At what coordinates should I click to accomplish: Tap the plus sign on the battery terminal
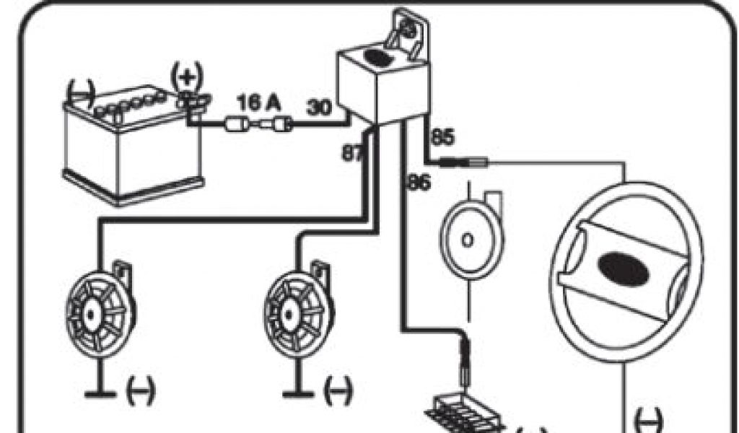click(x=186, y=75)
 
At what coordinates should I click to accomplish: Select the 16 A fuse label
click(x=259, y=102)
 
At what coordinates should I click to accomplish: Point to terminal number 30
click(x=319, y=108)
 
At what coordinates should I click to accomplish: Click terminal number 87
click(x=353, y=152)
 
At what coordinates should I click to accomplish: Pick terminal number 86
click(x=418, y=183)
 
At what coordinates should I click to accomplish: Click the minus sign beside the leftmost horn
click(x=139, y=393)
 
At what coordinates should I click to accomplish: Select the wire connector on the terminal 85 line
click(x=465, y=163)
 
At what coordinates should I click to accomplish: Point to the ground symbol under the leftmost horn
click(x=99, y=393)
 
